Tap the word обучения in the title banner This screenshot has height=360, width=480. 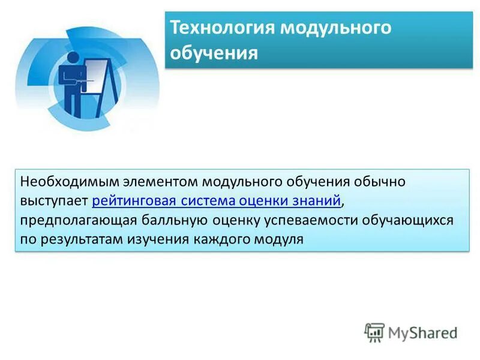214,53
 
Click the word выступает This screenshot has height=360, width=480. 54,200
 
